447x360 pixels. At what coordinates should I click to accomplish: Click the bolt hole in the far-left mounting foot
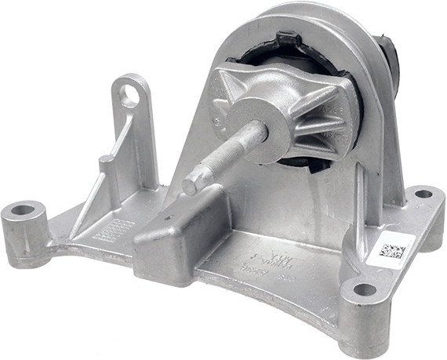coord(23,210)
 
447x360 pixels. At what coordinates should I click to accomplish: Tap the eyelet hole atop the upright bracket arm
coord(130,96)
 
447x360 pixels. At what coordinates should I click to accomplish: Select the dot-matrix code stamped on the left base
coord(114,228)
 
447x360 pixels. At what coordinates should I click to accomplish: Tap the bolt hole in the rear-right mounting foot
coord(423,193)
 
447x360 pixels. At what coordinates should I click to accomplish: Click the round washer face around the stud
coord(259,125)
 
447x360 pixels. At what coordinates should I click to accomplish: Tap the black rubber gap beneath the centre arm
coord(314,162)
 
